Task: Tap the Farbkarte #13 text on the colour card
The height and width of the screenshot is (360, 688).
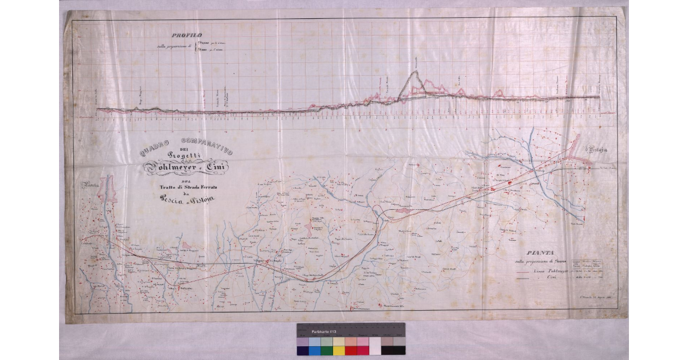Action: click(324, 332)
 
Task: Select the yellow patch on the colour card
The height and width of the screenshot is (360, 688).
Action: click(339, 350)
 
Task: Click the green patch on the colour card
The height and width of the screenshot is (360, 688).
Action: click(326, 350)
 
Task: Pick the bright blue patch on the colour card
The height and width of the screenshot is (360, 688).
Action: click(314, 350)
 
